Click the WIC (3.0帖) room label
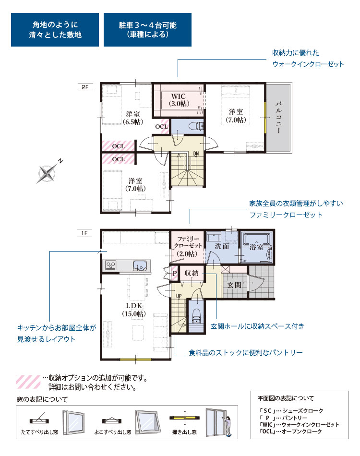pyautogui.click(x=179, y=100)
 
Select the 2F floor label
pyautogui.click(x=85, y=87)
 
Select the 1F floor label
pyautogui.click(x=84, y=233)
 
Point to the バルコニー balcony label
pyautogui.click(x=278, y=117)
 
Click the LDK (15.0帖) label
pyautogui.click(x=134, y=310)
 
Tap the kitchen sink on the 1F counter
pyautogui.click(x=140, y=265)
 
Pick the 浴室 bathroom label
pyautogui.click(x=256, y=247)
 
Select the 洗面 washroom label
pyautogui.click(x=222, y=246)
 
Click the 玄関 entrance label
pyautogui.click(x=234, y=285)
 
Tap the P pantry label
pyautogui.click(x=174, y=274)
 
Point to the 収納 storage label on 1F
pyautogui.click(x=192, y=273)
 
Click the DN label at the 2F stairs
pyautogui.click(x=196, y=154)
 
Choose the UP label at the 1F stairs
pyautogui.click(x=179, y=296)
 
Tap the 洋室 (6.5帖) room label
pyautogui.click(x=133, y=118)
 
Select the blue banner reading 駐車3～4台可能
pyautogui.click(x=147, y=30)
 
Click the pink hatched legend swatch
pyautogui.click(x=28, y=382)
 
